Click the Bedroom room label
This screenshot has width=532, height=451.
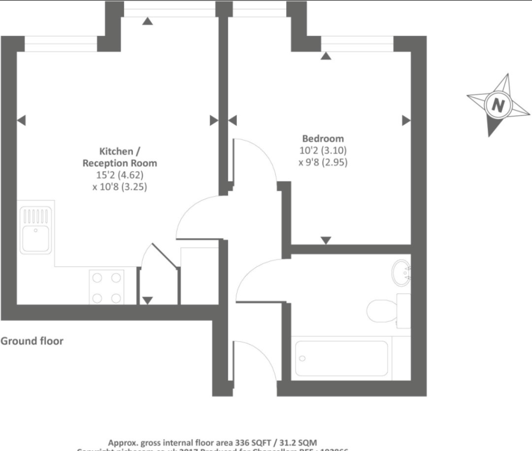pyautogui.click(x=323, y=139)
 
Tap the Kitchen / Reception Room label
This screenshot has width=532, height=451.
pyautogui.click(x=120, y=157)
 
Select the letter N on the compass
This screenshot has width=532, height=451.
pyautogui.click(x=499, y=105)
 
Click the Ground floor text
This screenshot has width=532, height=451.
pyautogui.click(x=32, y=340)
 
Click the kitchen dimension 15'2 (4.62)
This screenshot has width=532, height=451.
pyautogui.click(x=120, y=175)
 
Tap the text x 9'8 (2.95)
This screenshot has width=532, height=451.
pyautogui.click(x=323, y=162)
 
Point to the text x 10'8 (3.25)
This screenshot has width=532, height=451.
pyautogui.click(x=120, y=187)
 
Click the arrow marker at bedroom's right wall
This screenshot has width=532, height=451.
pyautogui.click(x=406, y=120)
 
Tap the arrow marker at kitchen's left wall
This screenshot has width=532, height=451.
pyautogui.click(x=21, y=120)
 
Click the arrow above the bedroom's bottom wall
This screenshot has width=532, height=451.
pyautogui.click(x=326, y=240)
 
